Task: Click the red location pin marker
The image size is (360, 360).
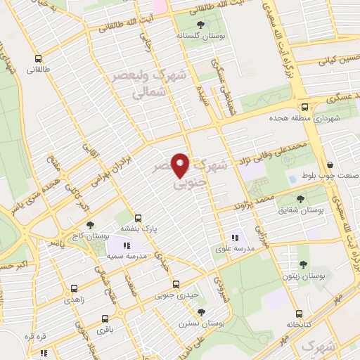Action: [181, 165]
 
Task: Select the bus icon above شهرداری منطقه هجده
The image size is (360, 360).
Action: [304, 107]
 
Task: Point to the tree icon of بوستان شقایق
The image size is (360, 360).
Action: [301, 199]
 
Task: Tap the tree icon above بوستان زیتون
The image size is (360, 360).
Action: [304, 264]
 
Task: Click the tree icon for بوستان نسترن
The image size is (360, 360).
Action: [202, 312]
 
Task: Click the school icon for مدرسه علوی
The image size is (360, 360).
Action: [235, 238]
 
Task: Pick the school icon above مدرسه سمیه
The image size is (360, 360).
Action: [127, 245]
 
